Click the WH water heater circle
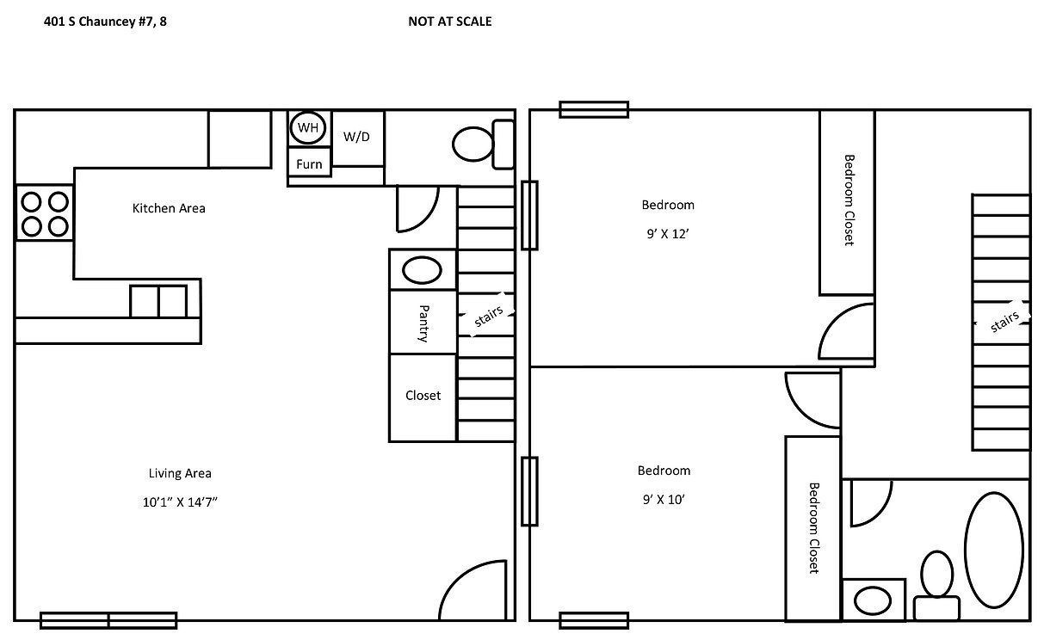coord(308,128)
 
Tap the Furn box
coord(309,163)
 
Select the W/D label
coord(357,137)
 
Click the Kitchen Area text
coord(169,208)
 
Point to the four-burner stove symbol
coord(45,213)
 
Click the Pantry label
coord(423,323)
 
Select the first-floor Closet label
coord(423,396)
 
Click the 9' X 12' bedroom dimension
coord(668,232)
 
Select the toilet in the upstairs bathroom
coord(936,585)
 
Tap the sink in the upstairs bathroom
coord(873,600)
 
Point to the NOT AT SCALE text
coord(449,22)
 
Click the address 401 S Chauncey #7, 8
coord(105,22)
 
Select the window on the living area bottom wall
coord(108,620)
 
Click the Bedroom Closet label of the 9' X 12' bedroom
coord(848,200)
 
